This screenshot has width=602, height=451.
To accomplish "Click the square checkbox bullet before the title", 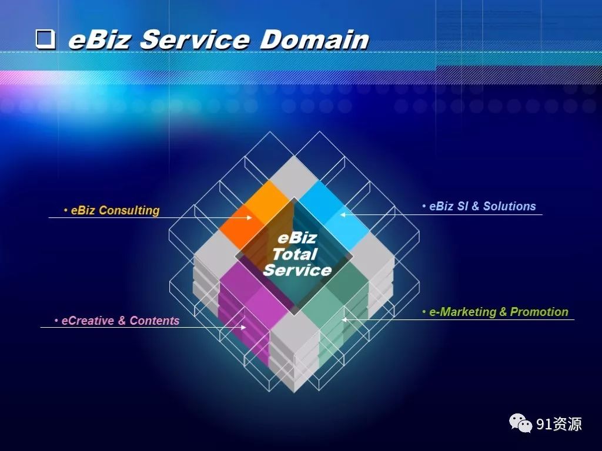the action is [x=46, y=39].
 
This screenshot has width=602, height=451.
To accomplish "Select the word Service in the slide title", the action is [x=195, y=39].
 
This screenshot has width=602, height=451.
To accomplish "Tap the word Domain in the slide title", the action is [x=314, y=39].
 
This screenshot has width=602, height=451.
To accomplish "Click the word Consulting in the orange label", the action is [x=129, y=211].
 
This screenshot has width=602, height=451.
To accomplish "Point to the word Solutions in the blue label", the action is [x=510, y=206].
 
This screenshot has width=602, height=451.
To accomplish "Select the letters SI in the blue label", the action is [x=463, y=206].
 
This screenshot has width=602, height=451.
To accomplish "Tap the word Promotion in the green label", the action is [x=539, y=312].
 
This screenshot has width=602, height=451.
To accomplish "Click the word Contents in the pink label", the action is [x=155, y=321].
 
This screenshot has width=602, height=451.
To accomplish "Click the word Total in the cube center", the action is [x=295, y=254].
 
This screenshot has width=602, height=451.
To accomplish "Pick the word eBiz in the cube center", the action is [x=297, y=238].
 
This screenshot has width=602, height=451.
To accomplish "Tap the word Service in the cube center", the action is [x=297, y=270].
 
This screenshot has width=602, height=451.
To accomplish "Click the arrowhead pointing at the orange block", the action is [x=249, y=217].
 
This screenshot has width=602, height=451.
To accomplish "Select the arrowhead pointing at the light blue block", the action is [x=343, y=215].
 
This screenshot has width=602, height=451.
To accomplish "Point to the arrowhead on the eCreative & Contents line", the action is [x=243, y=328].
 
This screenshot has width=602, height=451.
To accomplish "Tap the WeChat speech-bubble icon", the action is [x=521, y=423].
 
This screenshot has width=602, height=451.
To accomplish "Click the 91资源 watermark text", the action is [x=559, y=424].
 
